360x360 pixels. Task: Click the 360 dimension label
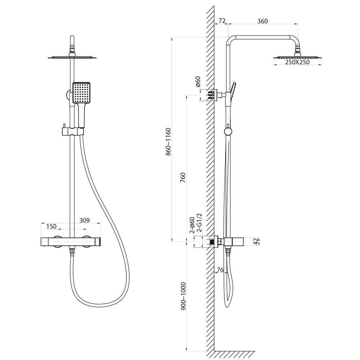click(x=262, y=21)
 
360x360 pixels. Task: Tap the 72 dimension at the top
click(x=222, y=21)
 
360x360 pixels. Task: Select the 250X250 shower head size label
click(x=297, y=62)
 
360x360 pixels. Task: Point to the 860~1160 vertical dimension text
click(x=168, y=141)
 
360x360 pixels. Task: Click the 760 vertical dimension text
click(x=183, y=177)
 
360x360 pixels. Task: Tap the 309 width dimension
click(x=85, y=220)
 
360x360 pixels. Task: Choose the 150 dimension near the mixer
click(x=51, y=226)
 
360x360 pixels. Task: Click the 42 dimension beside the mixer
click(x=256, y=242)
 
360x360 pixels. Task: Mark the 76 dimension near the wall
click(x=220, y=270)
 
